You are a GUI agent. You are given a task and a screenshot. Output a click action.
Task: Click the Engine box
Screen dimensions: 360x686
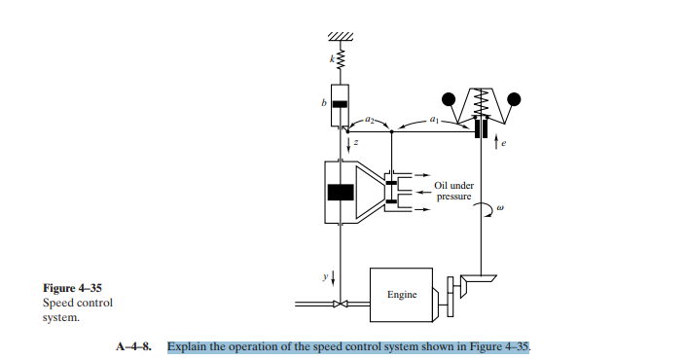coord(401,293)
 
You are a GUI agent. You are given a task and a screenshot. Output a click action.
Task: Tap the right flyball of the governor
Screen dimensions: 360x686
coord(514,98)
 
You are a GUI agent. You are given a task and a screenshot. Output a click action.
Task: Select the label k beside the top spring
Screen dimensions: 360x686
coord(331,59)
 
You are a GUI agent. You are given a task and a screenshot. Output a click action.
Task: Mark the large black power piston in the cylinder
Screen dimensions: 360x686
coord(341,192)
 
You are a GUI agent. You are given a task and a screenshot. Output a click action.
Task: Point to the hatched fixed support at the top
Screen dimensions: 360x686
coord(340,37)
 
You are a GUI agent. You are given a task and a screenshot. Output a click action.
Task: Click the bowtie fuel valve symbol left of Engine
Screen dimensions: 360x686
coord(340,306)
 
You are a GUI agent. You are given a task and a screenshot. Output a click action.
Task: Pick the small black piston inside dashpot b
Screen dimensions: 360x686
coord(340,103)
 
